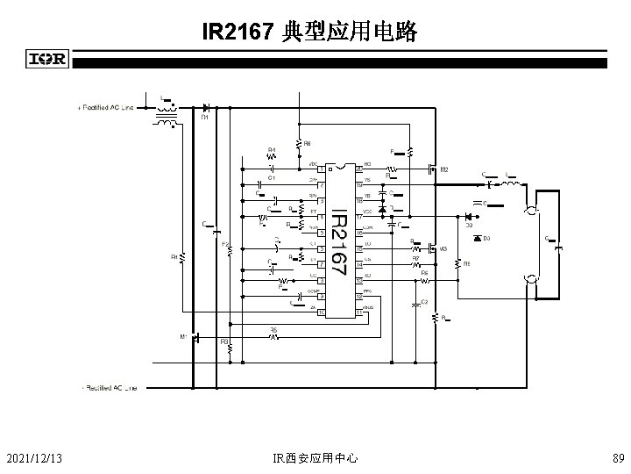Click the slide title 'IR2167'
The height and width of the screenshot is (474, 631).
238,33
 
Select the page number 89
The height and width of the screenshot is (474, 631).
618,457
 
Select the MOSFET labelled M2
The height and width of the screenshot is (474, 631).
433,168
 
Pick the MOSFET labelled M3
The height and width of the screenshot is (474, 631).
433,249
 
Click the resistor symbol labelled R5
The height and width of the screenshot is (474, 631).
273,336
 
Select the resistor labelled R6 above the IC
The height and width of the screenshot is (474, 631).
298,141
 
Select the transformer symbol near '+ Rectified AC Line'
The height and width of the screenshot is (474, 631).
164,116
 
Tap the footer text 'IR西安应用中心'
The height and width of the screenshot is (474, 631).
315,457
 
